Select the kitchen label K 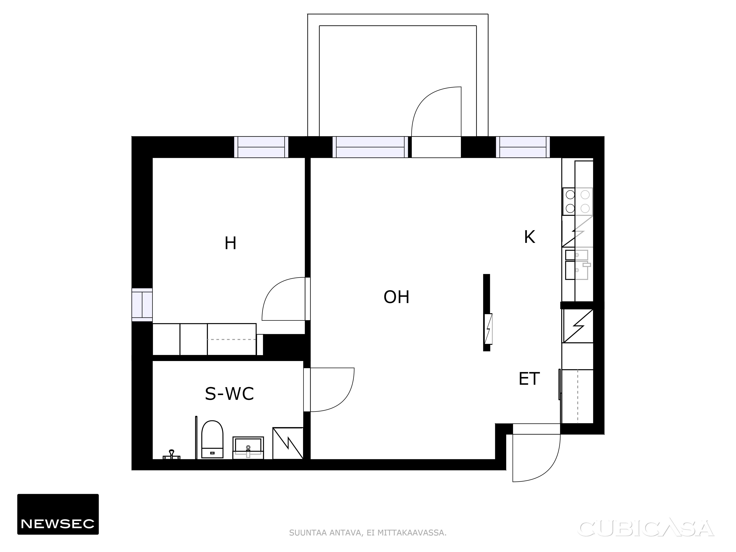click(x=529, y=237)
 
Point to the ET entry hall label click(x=529, y=379)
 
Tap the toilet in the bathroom click(x=212, y=439)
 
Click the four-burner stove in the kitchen click(x=577, y=201)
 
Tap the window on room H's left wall click(x=142, y=305)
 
